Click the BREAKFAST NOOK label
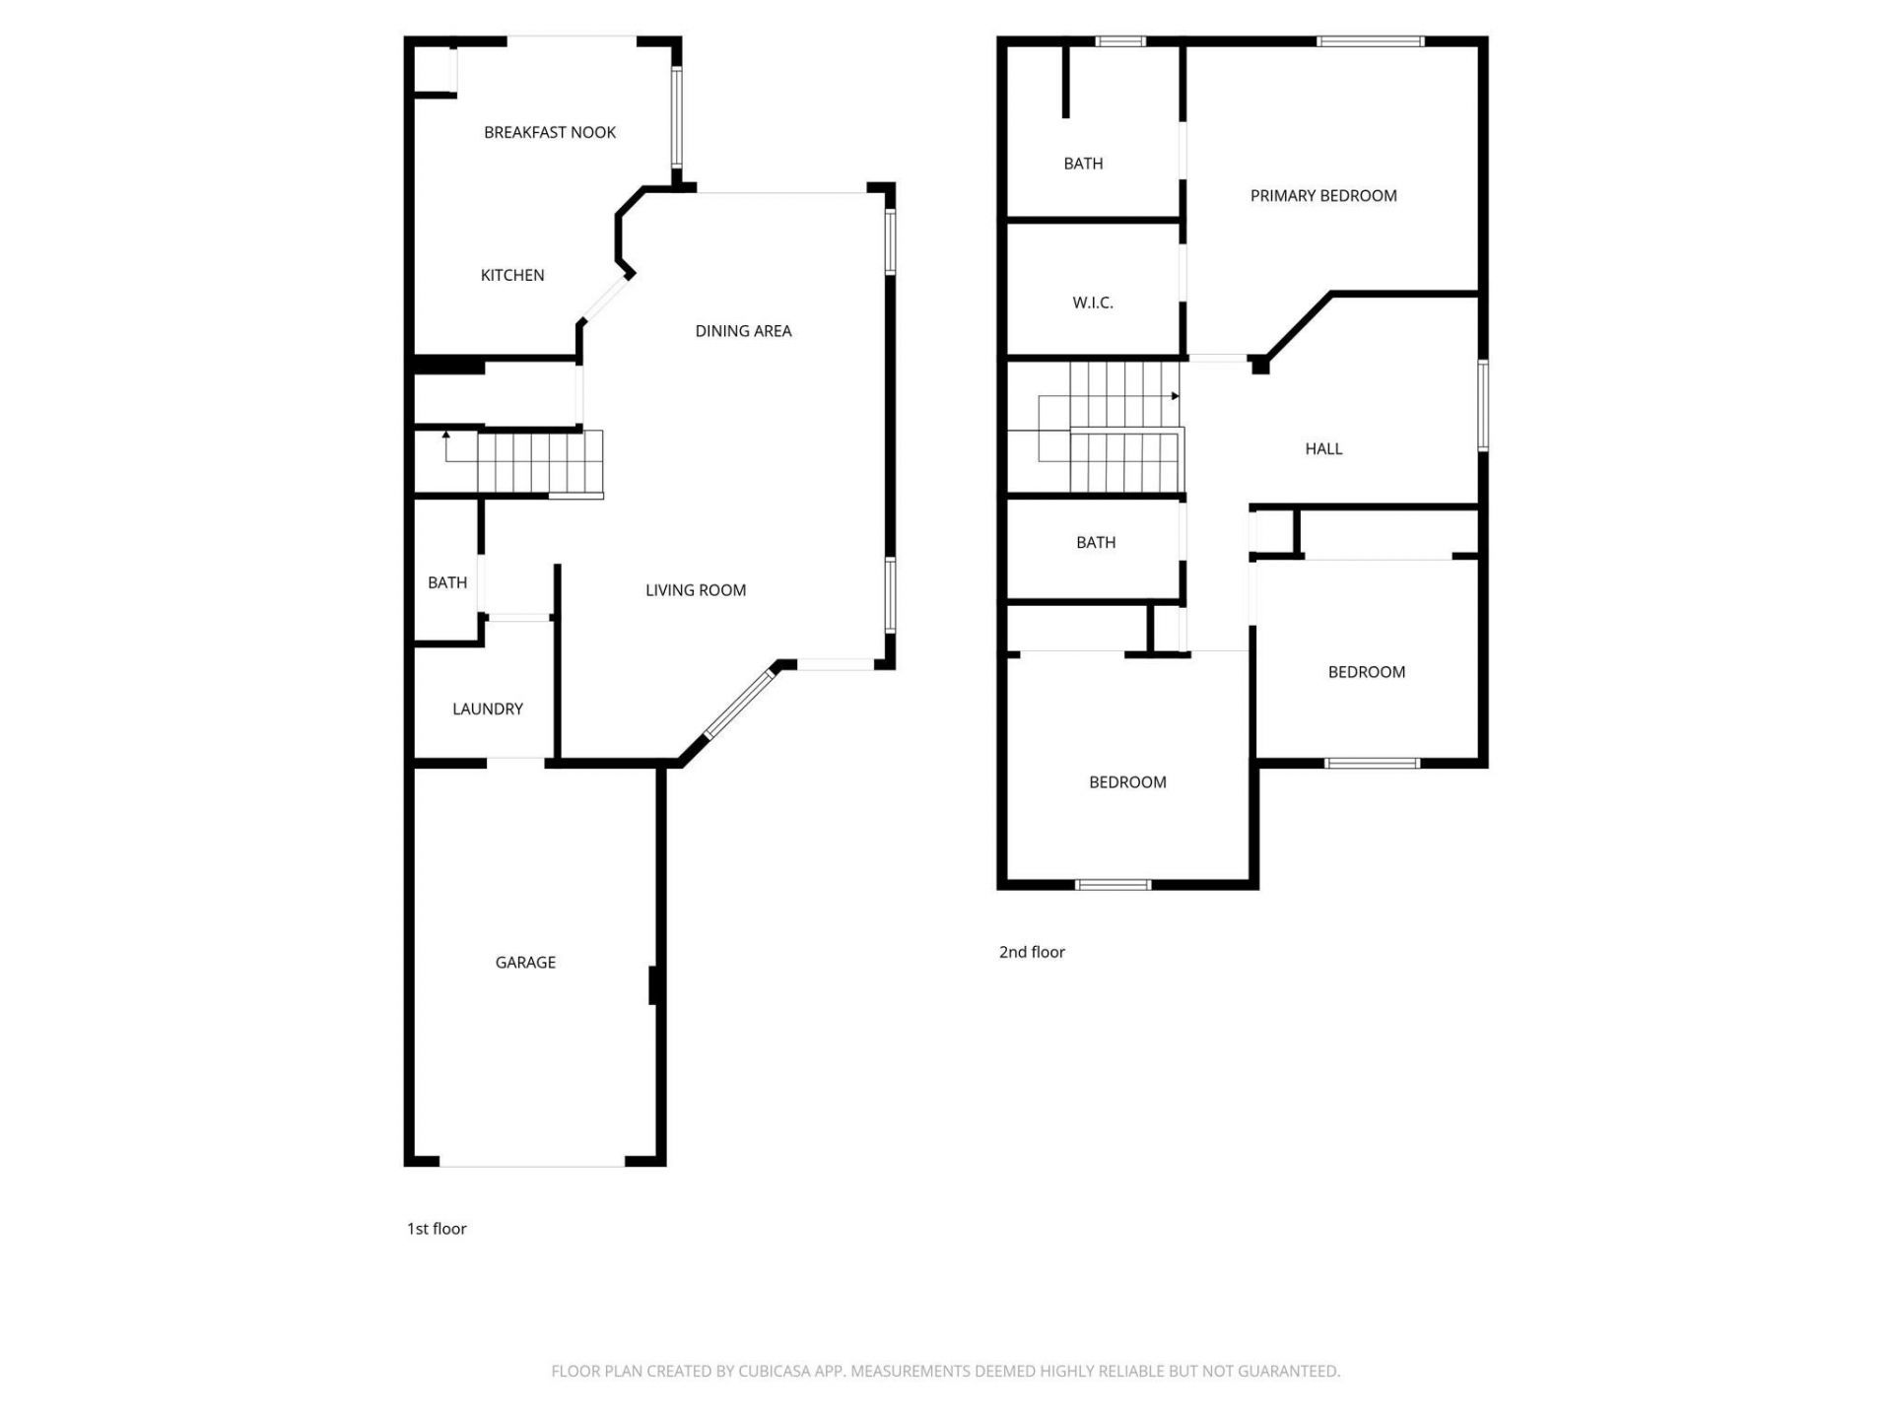click(550, 132)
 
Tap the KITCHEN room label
click(512, 275)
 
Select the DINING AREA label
click(743, 331)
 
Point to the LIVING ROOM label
click(696, 590)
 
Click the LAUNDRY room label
click(487, 709)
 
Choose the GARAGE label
click(525, 962)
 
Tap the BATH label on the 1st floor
click(447, 582)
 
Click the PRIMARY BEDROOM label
click(1323, 196)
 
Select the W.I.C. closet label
click(1093, 303)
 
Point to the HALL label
click(1323, 448)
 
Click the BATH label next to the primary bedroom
click(1083, 164)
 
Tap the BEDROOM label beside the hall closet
click(1366, 672)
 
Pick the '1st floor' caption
click(437, 1229)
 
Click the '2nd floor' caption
click(1032, 952)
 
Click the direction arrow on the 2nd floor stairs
click(1175, 396)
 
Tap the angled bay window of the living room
click(741, 704)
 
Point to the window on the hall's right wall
click(1482, 406)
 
